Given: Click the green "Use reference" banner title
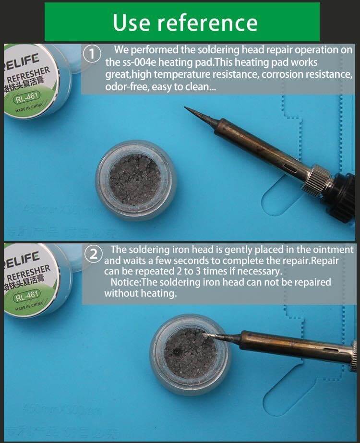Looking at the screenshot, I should point(185,22).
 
